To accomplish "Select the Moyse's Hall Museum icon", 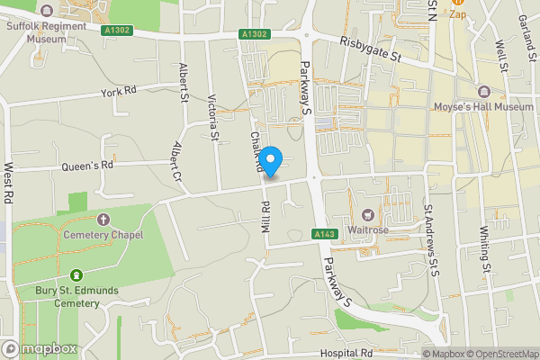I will coord(484,91).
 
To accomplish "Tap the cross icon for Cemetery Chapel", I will coord(103,220).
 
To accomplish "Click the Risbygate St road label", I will coord(372,53).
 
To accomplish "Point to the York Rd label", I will coord(118,92).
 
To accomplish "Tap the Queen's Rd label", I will coord(87,165).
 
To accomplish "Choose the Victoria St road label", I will coord(213,118).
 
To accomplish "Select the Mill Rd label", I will coord(265,217).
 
